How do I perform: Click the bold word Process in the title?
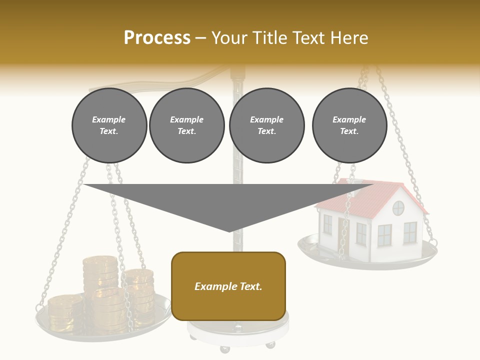pos(157,38)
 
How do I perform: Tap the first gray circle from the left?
pos(109,125)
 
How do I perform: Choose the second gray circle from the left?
pos(186,125)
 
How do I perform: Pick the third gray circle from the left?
pos(266,125)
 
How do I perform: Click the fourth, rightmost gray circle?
pos(349,125)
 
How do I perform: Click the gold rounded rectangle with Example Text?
pos(228,286)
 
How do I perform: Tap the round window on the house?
pos(398,208)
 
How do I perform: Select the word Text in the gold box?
pos(250,286)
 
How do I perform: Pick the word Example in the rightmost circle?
pos(349,119)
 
